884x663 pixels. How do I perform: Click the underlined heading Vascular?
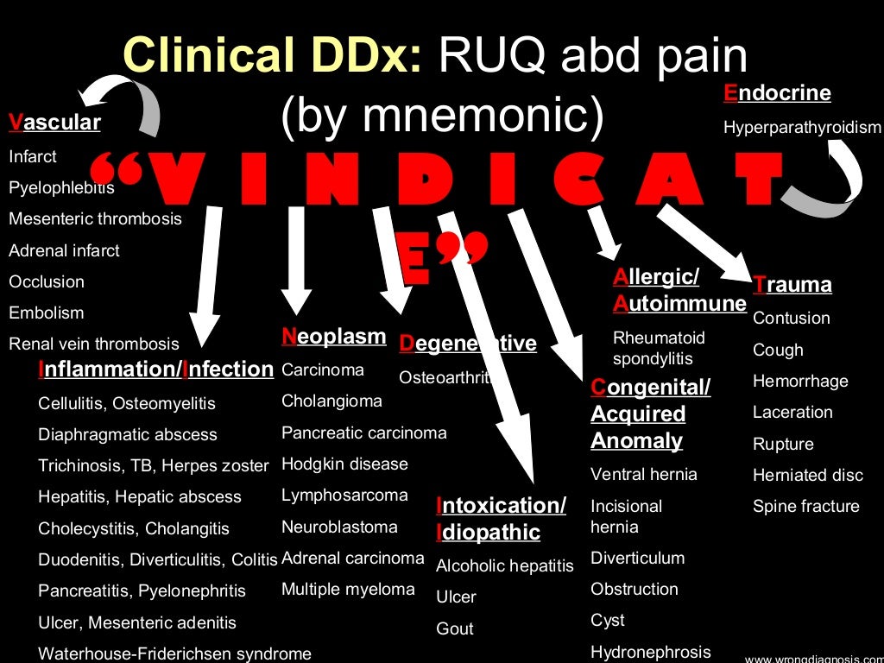(x=54, y=123)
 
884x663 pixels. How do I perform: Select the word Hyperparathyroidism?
(x=802, y=128)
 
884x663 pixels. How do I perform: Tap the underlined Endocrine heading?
(x=777, y=93)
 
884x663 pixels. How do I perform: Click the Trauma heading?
(x=792, y=285)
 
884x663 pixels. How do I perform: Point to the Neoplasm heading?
(x=333, y=337)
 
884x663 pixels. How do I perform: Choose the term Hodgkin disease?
(x=344, y=464)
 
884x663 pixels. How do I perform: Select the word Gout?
(x=455, y=628)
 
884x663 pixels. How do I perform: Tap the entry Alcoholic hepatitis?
(x=504, y=566)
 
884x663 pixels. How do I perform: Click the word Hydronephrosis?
(x=650, y=652)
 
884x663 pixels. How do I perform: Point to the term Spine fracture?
(x=805, y=506)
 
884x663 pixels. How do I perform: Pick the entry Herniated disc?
(x=807, y=475)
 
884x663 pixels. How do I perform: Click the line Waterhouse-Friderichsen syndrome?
(x=174, y=654)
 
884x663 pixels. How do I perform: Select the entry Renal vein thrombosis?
(x=94, y=344)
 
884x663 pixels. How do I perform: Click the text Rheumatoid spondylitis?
(x=659, y=348)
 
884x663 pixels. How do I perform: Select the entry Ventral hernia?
(x=643, y=474)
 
